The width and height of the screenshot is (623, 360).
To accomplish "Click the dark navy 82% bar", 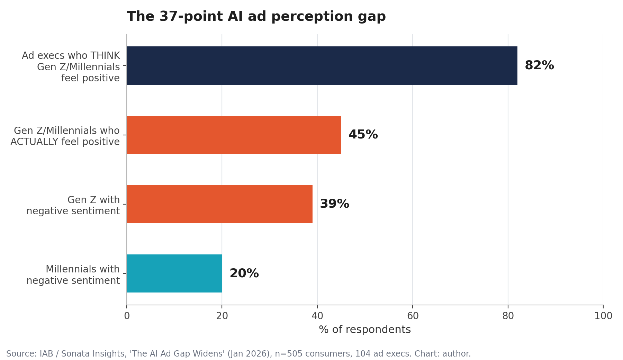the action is click(322, 65).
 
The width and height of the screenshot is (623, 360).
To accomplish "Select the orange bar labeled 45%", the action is click(234, 135).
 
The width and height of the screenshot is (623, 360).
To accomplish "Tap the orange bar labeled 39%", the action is click(219, 204).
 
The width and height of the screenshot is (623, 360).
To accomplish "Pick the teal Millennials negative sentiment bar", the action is click(174, 273).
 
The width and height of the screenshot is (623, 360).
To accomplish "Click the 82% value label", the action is click(539, 65).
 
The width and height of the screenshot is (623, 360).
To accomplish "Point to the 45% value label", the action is click(363, 135).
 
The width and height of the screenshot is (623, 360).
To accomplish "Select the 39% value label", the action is click(334, 204).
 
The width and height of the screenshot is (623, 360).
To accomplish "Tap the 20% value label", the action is click(244, 273).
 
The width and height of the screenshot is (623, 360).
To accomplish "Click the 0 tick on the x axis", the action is click(127, 316).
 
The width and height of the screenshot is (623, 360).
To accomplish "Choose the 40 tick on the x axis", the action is click(317, 316).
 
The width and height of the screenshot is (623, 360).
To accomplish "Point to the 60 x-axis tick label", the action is click(413, 316).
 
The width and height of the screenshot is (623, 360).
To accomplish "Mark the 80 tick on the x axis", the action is click(508, 316).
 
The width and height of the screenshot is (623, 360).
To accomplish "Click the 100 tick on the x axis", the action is click(603, 316).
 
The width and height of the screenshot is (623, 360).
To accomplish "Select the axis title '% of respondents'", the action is click(365, 330).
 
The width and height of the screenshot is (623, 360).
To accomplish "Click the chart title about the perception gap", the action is click(256, 17).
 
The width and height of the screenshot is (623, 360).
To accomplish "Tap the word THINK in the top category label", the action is click(105, 56).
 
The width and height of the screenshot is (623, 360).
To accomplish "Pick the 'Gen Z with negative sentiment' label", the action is click(73, 205).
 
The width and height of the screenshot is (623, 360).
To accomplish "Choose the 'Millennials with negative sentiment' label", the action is click(73, 275).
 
